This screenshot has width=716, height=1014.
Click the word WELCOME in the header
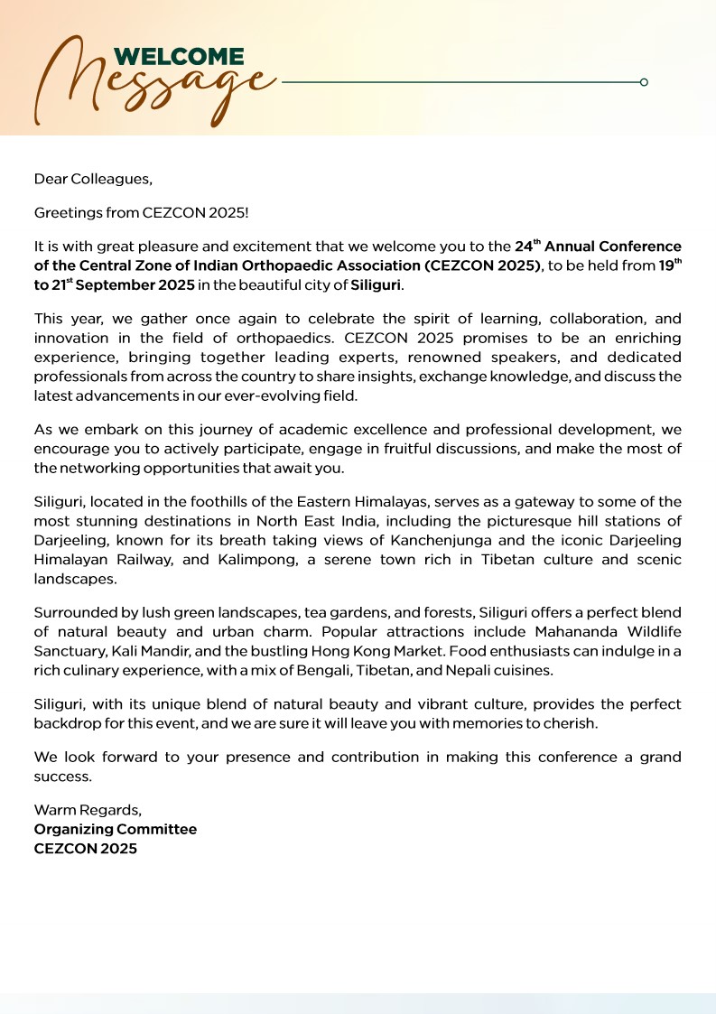coord(179,58)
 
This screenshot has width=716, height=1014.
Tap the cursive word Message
coord(153,86)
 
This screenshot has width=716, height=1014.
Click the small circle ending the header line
coord(644,82)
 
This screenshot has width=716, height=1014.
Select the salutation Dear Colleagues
coord(93,179)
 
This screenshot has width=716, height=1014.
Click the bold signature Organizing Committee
coord(115,829)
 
